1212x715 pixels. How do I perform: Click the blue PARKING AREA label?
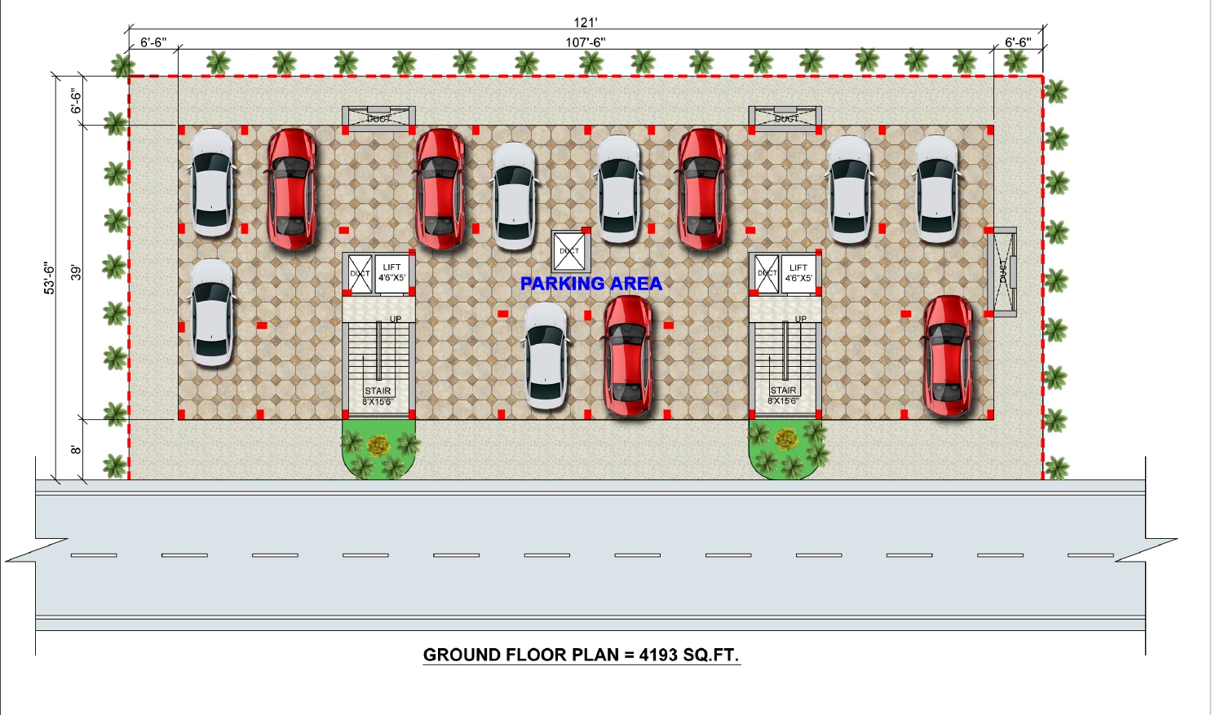[591, 284]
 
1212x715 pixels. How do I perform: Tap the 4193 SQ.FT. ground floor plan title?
[581, 655]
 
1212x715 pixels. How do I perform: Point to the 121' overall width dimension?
[586, 23]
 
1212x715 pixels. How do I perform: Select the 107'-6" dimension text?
[586, 42]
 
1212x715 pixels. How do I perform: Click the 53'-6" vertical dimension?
[50, 278]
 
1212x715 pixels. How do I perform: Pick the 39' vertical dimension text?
[76, 272]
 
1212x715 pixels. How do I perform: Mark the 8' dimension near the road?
[76, 450]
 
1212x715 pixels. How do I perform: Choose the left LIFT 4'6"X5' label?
[391, 272]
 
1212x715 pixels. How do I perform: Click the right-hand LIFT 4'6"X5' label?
[798, 272]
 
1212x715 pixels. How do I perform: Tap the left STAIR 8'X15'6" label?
[378, 396]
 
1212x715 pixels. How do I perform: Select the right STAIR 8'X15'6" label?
[783, 395]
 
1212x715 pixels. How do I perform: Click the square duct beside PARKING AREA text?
[570, 251]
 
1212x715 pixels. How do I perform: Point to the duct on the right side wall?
[1002, 271]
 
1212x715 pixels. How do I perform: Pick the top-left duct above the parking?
[378, 116]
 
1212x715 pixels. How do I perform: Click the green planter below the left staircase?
[378, 449]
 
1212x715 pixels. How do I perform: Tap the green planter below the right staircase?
[786, 449]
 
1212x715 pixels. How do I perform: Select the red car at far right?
[948, 355]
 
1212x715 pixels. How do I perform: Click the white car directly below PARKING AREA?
[546, 355]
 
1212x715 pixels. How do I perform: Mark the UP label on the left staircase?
[396, 320]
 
